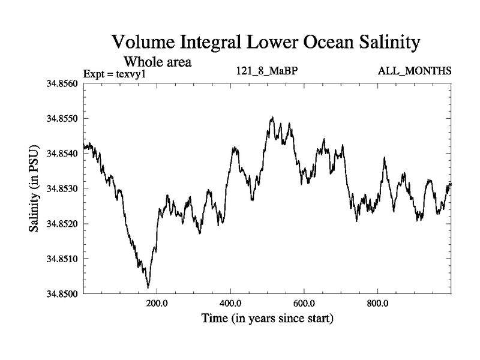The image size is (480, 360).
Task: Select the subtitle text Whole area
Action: pyautogui.click(x=157, y=61)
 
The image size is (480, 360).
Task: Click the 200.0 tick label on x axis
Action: pyautogui.click(x=157, y=303)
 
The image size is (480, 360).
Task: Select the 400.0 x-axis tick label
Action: pyautogui.click(x=231, y=303)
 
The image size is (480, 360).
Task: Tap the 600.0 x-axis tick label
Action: pyautogui.click(x=304, y=303)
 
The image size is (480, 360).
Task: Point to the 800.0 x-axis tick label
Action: pyautogui.click(x=378, y=303)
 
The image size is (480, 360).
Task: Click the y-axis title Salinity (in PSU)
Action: pyautogui.click(x=34, y=188)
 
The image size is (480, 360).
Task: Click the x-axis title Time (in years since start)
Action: pyautogui.click(x=267, y=318)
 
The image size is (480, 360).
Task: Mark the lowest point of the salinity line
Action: pyautogui.click(x=148, y=287)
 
